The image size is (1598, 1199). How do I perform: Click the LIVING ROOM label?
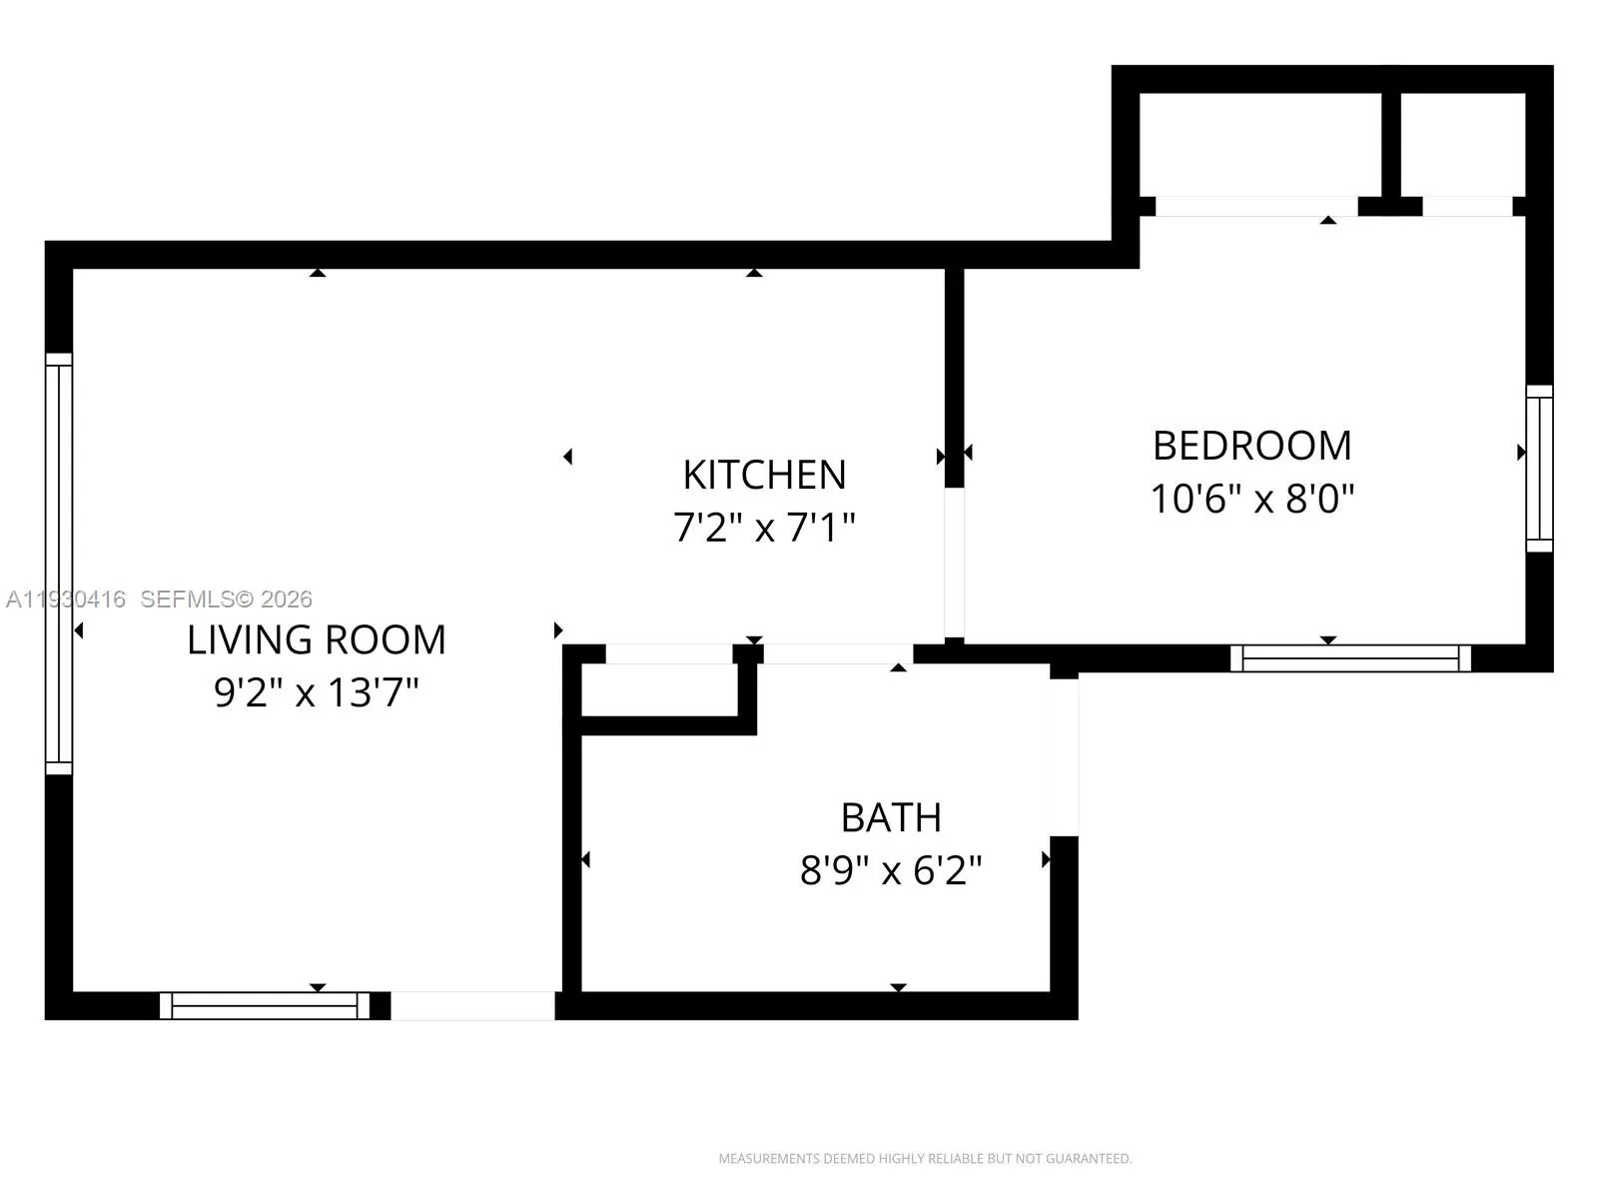pos(317,639)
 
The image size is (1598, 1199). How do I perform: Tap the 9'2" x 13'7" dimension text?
pos(317,691)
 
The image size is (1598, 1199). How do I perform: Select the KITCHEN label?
pos(764,475)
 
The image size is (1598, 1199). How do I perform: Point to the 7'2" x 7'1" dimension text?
pos(764,527)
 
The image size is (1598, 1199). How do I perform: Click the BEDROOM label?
pos(1252,446)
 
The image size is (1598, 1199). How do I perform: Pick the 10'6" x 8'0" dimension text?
pos(1252,498)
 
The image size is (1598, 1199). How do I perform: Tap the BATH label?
pos(891,817)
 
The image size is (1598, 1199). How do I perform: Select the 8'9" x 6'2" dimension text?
pos(891,870)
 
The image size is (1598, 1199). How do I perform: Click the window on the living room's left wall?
pos(59,564)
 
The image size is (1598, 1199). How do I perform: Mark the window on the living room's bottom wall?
pos(265,1005)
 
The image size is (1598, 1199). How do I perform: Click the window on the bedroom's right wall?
pos(1539,468)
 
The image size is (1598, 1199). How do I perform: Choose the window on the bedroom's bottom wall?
pos(1350,657)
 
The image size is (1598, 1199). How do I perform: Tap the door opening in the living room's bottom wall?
pos(472,1005)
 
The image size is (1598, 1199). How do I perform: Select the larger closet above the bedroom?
pos(1260,145)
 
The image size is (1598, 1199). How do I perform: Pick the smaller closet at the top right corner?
pos(1462,145)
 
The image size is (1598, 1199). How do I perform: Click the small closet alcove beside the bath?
pos(660,688)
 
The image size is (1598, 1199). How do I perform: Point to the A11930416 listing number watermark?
pos(66,599)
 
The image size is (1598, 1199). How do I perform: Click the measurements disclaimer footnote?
pos(925,1159)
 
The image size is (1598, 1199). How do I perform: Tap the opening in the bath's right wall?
pos(1064,757)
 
